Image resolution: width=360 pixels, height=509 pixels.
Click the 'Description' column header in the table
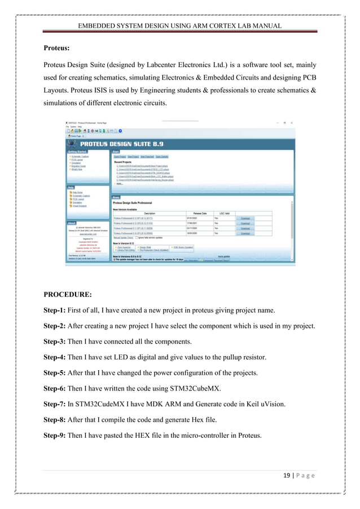pyautogui.click(x=149, y=213)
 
